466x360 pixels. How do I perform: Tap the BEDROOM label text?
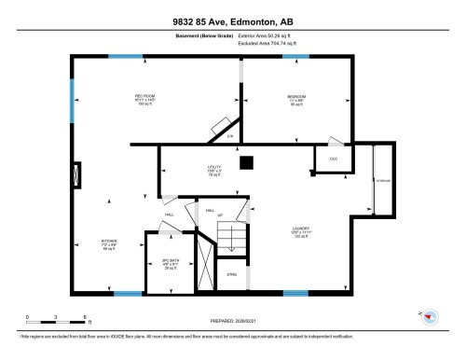click(295, 97)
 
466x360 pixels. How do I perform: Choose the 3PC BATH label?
click(169, 260)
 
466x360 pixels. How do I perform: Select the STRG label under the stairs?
click(232, 274)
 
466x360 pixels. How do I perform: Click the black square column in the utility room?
click(245, 163)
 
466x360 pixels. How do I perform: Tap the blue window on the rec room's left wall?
click(72, 99)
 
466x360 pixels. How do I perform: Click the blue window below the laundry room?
click(295, 292)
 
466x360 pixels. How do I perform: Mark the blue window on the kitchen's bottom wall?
click(127, 294)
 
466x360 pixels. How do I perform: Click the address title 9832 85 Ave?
click(232, 21)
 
